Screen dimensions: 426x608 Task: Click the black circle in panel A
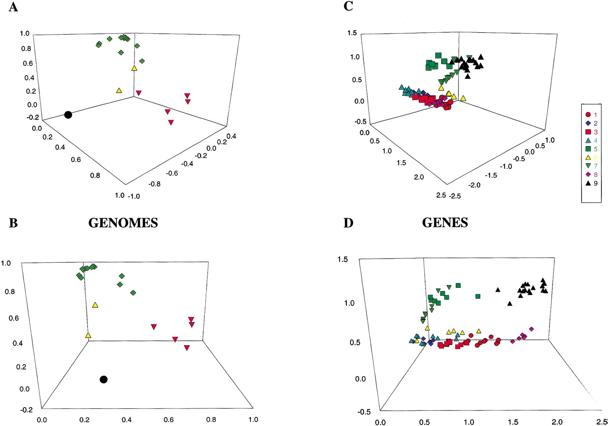tap(68, 115)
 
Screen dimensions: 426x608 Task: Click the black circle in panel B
tap(104, 379)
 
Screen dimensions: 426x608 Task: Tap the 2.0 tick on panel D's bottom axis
tap(557, 421)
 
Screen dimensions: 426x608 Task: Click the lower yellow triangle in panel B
tap(88, 335)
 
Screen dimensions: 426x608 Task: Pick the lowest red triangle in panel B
tap(187, 348)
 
